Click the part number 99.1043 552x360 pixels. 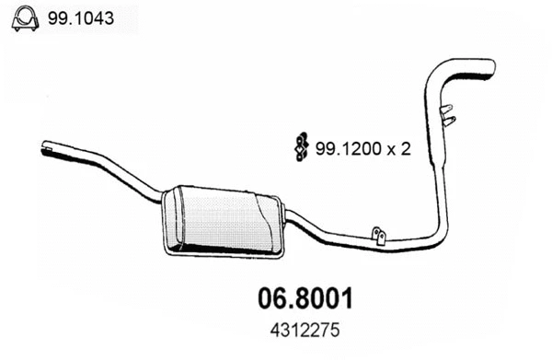pyautogui.click(x=81, y=18)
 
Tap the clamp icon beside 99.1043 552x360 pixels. pyautogui.click(x=25, y=18)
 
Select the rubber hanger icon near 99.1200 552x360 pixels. pyautogui.click(x=301, y=147)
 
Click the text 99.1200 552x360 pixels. pyautogui.click(x=348, y=148)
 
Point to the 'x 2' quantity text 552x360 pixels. pyautogui.click(x=399, y=149)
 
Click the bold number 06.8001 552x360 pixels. pyautogui.click(x=305, y=298)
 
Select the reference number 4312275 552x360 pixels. pyautogui.click(x=305, y=331)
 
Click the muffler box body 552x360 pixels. pyautogui.click(x=223, y=221)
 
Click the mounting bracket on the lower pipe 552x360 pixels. pyautogui.click(x=379, y=236)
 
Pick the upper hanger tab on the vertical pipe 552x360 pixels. pyautogui.click(x=446, y=109)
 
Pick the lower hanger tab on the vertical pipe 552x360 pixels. pyautogui.click(x=449, y=122)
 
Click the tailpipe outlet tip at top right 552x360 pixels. pyautogui.click(x=491, y=67)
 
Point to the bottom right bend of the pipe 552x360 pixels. pyautogui.click(x=435, y=236)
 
